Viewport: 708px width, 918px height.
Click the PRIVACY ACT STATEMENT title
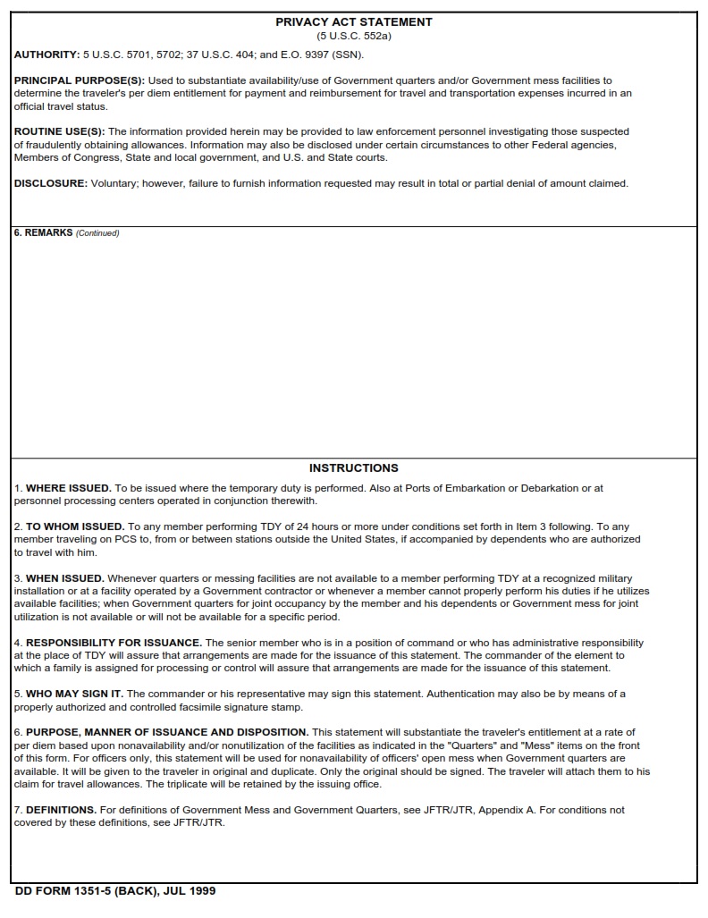pos(353,21)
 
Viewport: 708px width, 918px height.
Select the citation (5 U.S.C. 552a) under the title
pos(353,36)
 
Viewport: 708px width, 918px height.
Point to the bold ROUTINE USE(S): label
pos(59,131)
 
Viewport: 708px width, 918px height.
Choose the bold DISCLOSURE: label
pos(51,183)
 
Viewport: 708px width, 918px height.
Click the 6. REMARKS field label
pos(43,233)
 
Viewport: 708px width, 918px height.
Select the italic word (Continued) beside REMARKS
pos(97,233)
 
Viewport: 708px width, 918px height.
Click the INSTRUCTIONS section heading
pos(353,467)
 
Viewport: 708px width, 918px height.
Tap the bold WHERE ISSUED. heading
pos(69,488)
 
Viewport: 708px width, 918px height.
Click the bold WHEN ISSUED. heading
pos(65,578)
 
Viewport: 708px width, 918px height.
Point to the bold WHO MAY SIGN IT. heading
pos(75,694)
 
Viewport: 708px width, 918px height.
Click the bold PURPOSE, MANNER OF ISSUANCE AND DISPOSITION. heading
pos(167,732)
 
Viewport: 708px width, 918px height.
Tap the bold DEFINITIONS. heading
pos(61,810)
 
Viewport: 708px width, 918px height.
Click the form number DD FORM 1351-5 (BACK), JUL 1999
pos(115,891)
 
